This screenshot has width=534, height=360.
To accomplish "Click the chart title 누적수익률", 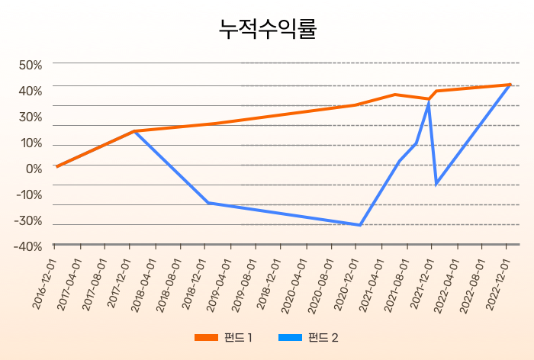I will tap(267, 29).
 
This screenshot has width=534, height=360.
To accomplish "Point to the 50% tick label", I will tap(31, 65).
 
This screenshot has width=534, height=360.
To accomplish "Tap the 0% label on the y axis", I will tap(34, 169).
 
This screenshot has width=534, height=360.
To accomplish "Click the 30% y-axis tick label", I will tap(31, 117).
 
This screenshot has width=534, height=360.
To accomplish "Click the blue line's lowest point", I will tap(360, 225).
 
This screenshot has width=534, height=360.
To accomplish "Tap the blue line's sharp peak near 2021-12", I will tap(429, 101).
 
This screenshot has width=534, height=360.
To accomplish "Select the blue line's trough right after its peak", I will tap(436, 184).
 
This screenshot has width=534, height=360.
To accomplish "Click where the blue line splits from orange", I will tap(134, 131).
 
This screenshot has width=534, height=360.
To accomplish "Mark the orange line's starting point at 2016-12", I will tap(56, 166).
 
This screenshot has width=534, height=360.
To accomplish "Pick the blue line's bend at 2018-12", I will tap(208, 203).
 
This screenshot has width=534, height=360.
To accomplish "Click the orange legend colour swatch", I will tap(206, 337).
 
